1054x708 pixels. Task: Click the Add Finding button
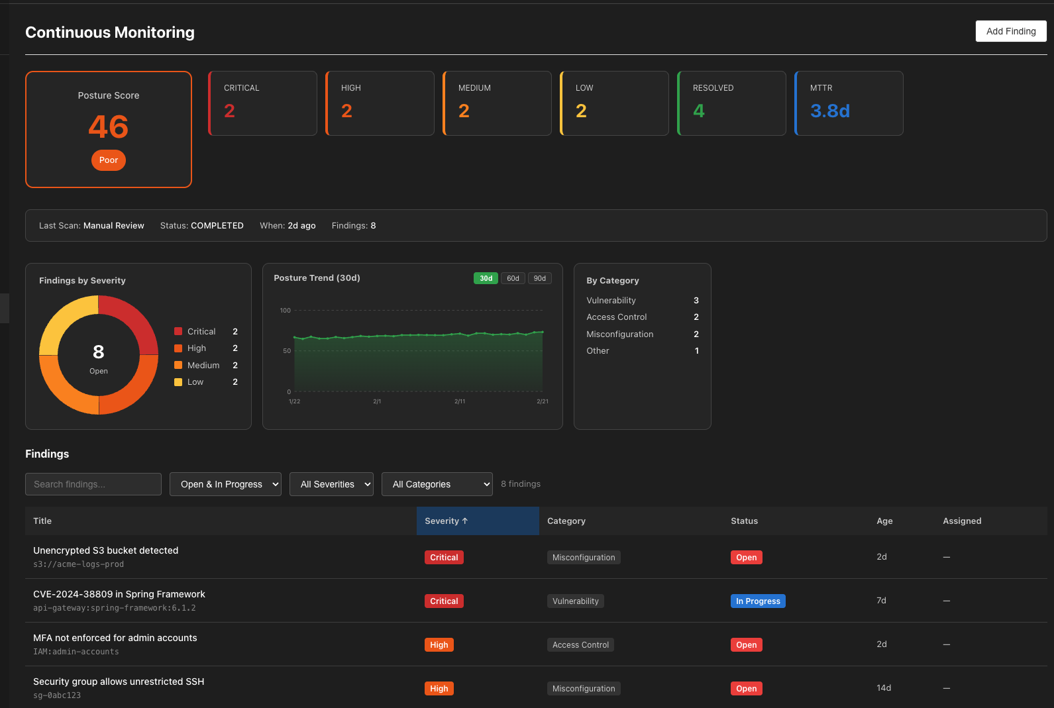click(1010, 31)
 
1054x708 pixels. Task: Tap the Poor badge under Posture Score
click(109, 160)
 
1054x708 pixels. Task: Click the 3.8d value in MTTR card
click(829, 111)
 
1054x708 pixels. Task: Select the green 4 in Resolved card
click(698, 111)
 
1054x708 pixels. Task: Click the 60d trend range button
click(513, 278)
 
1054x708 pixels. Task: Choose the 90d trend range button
click(540, 278)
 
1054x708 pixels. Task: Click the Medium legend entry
click(203, 365)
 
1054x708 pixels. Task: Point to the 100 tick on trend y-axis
click(285, 310)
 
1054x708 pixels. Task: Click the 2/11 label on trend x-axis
click(460, 401)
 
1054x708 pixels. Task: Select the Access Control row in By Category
click(617, 317)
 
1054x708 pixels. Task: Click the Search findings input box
click(93, 484)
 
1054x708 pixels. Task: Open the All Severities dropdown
click(331, 484)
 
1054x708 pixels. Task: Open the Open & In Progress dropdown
click(225, 484)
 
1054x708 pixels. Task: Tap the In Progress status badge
click(758, 601)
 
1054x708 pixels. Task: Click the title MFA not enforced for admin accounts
click(115, 638)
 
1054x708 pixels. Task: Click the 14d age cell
click(884, 688)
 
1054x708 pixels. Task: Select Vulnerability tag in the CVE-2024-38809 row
click(575, 601)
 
